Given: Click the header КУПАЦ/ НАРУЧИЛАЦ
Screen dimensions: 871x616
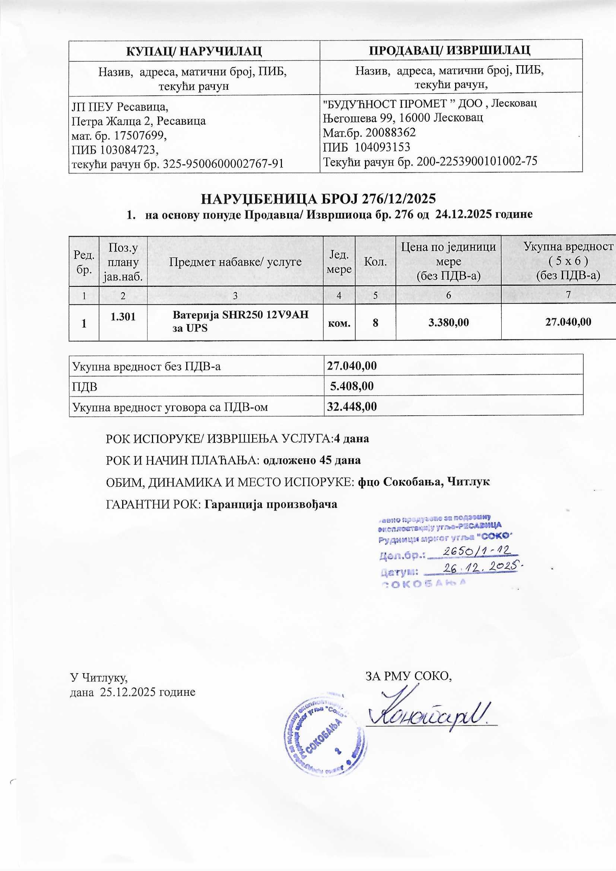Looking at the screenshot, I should pos(194,50).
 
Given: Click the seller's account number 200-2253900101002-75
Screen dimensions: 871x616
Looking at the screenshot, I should pos(477,162).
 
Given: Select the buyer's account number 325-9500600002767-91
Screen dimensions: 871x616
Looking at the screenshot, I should pos(223,164).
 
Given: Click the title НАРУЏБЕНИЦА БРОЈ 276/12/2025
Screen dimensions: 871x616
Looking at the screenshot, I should pos(318,199).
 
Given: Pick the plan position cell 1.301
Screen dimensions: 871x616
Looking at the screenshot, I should pos(123,317).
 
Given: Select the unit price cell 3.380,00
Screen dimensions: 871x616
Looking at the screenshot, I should pos(448,323).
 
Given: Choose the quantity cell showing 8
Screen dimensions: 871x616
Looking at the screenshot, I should pos(375,323).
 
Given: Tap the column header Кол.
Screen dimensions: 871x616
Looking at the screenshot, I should pos(375,262).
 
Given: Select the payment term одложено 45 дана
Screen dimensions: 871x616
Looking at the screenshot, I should pos(312,460).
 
